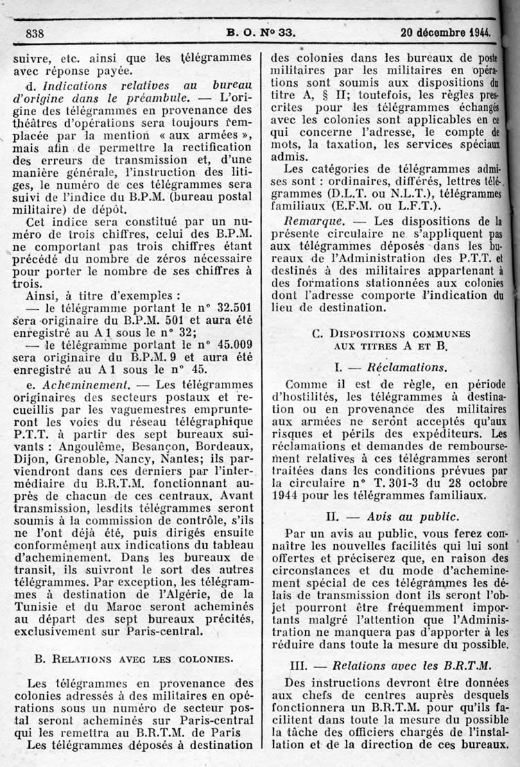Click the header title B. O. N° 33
[261, 31]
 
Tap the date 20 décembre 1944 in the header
[444, 31]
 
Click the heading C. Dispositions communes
[391, 334]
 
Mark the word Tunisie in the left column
[38, 603]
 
